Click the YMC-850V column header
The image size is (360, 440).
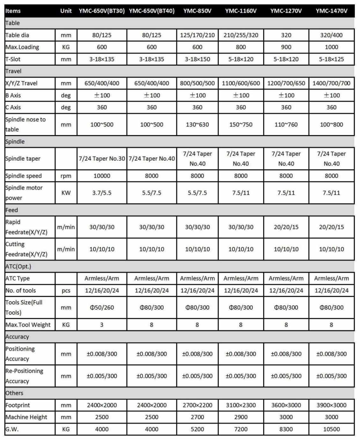pos(197,11)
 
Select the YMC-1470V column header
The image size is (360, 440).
pos(331,11)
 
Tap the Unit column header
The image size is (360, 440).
pos(66,11)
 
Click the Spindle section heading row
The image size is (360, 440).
pos(15,141)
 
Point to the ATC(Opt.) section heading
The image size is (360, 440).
pos(18,266)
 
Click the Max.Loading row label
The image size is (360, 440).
pos(22,47)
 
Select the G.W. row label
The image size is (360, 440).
pos(12,429)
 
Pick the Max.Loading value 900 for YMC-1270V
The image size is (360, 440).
pos(286,47)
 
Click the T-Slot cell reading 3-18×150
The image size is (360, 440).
pos(197,59)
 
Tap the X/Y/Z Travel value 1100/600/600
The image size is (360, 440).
pos(241,83)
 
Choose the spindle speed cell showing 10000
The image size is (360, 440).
pos(102,176)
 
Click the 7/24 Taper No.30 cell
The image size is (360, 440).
pos(102,159)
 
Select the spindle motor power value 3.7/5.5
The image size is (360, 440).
pos(102,193)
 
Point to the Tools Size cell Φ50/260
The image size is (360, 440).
pos(102,307)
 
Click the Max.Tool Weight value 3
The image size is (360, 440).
pos(102,325)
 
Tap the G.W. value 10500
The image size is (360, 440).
pos(331,429)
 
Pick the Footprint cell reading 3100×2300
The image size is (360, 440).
pos(241,405)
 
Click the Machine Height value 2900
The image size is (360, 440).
pos(241,417)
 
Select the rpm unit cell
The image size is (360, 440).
pos(66,176)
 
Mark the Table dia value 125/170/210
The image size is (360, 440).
pos(197,35)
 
